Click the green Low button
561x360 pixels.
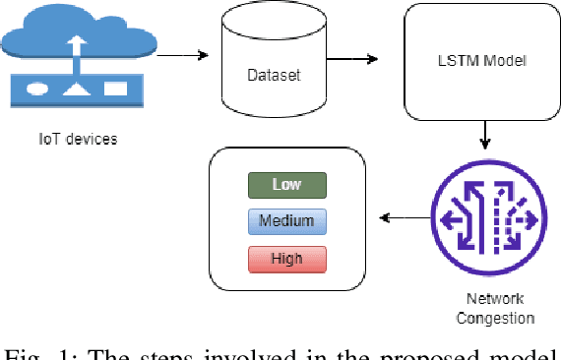(x=286, y=185)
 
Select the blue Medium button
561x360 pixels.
(x=286, y=221)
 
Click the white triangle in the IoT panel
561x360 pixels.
(x=75, y=89)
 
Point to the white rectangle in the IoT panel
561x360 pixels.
(x=115, y=88)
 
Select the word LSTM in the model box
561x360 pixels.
(x=457, y=62)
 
